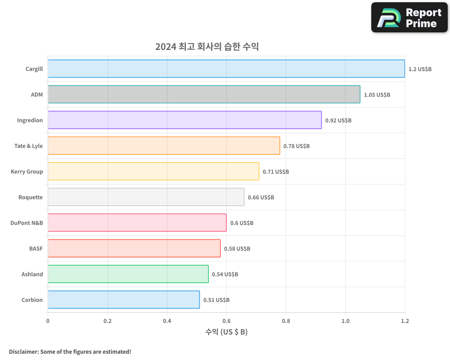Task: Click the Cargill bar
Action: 226,69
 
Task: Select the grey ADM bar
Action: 204,94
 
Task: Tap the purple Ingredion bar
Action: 184,120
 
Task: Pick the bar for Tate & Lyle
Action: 164,146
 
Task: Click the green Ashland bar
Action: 128,274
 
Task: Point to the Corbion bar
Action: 124,300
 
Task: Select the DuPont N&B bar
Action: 137,223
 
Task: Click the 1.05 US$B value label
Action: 377,95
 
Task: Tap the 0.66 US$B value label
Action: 261,198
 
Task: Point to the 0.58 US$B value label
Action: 237,249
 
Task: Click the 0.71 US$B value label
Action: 276,172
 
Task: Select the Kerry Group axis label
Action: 27,171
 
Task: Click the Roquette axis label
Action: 31,197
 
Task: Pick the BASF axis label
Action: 36,248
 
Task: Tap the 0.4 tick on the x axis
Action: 167,321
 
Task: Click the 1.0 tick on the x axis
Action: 345,321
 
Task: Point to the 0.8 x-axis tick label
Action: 286,321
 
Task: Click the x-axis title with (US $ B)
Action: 226,332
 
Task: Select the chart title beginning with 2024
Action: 207,47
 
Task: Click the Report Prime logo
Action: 409,18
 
